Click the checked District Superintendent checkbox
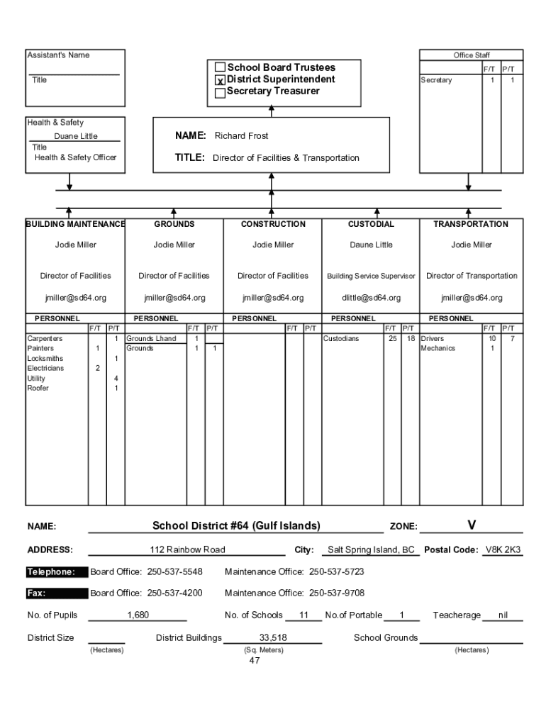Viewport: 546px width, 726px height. point(220,80)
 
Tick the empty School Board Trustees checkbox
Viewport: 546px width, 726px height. point(220,68)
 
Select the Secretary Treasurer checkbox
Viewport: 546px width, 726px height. point(220,92)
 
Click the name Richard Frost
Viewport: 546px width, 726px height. point(241,135)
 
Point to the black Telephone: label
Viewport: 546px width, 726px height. point(51,572)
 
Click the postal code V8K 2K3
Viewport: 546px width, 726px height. point(503,550)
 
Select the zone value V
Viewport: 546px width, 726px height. point(472,525)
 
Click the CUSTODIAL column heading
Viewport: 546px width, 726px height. point(371,224)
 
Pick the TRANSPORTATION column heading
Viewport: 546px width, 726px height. point(471,224)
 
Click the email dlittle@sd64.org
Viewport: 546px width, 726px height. point(371,298)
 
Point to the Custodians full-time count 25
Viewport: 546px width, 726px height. point(391,339)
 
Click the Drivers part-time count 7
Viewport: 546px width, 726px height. point(512,339)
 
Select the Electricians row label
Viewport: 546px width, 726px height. point(45,369)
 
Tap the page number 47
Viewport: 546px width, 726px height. point(255,661)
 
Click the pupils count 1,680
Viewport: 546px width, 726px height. point(138,615)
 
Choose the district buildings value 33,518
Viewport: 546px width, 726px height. point(273,638)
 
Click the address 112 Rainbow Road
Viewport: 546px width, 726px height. point(187,550)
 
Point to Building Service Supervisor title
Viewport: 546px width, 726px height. point(371,276)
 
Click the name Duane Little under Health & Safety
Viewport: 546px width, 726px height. point(76,136)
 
